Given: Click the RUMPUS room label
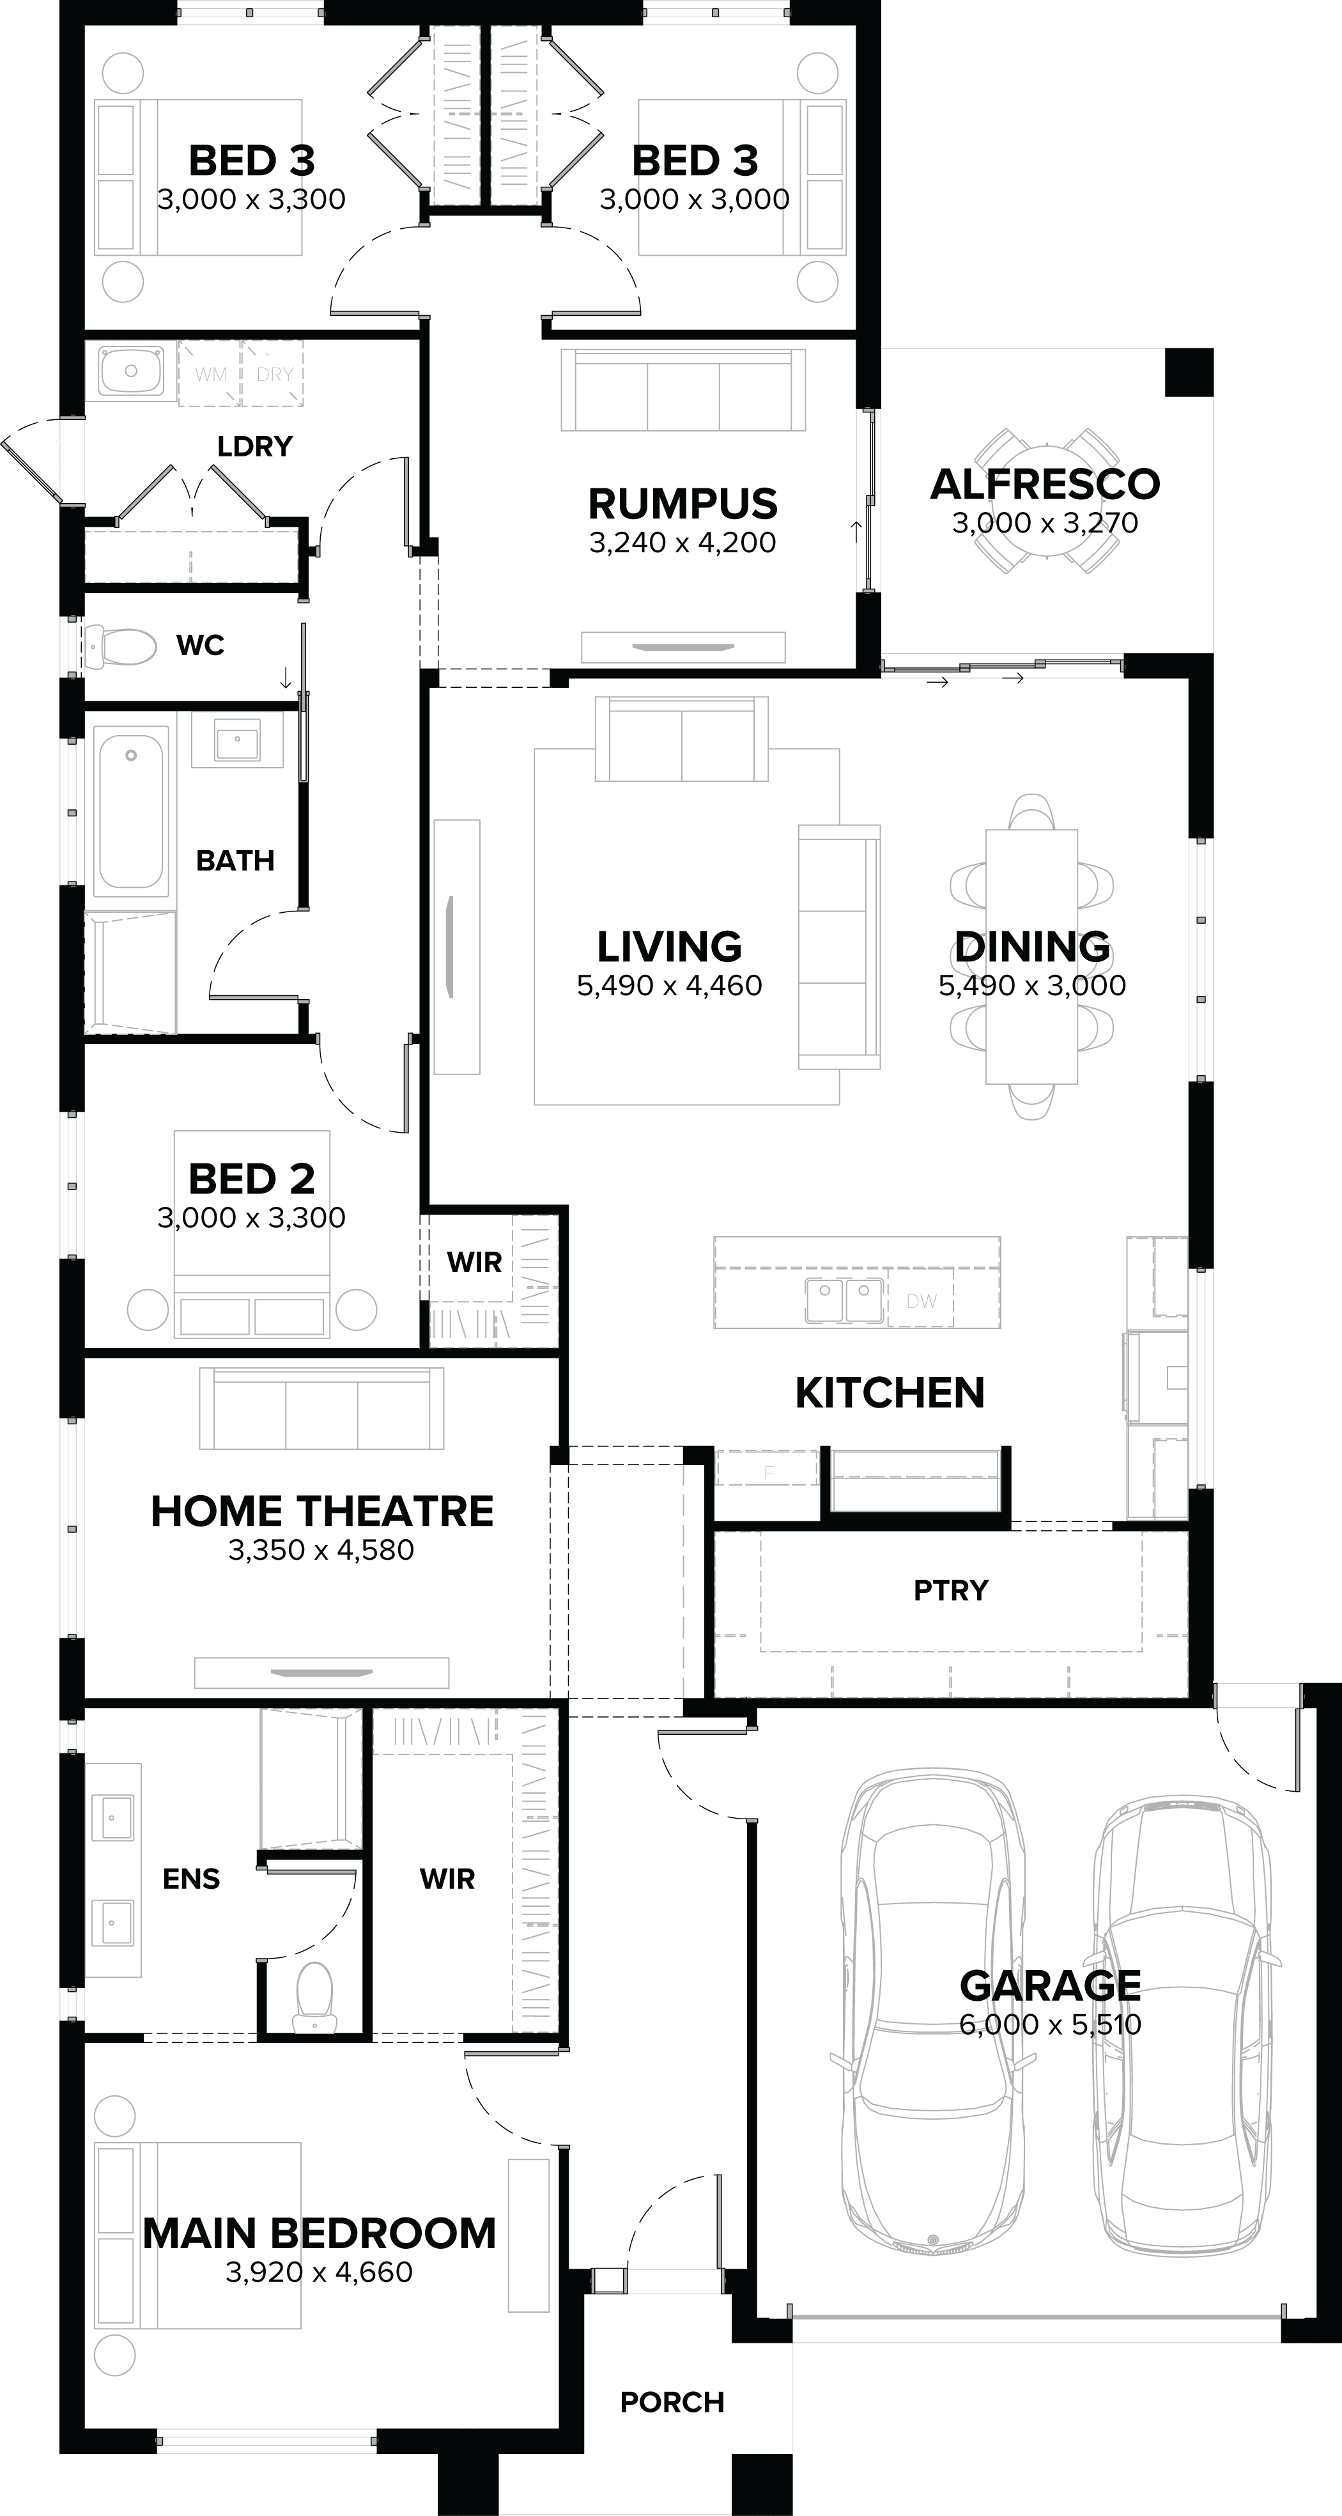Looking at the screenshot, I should pos(683,503).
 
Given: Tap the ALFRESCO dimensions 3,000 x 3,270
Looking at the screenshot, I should pos(1045,524).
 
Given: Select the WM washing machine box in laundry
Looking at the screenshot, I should pos(211,374).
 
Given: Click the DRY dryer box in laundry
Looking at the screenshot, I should pos(274,374).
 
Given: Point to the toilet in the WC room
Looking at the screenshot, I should pos(122,646).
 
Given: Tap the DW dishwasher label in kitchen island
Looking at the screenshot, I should pos(921,1301).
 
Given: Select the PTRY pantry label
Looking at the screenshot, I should pos(950,1590).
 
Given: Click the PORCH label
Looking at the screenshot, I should pos(672,2402).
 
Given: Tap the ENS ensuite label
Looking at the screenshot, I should pos(192,1878).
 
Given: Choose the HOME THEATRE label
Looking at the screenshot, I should pos(321,1511).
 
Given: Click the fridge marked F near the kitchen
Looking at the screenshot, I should pos(767,1472).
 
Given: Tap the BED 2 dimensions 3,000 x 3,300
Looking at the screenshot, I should pos(251,1218).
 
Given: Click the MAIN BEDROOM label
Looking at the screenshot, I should pos(320,2233).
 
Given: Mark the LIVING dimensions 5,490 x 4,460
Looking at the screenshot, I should pos(669,986).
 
